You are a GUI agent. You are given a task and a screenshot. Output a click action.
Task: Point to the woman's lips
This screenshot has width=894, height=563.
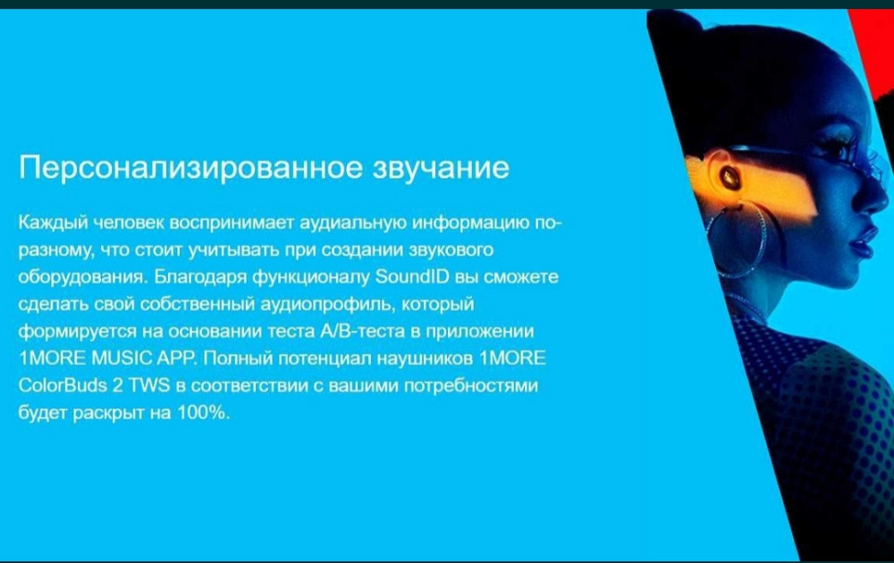click(862, 243)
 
